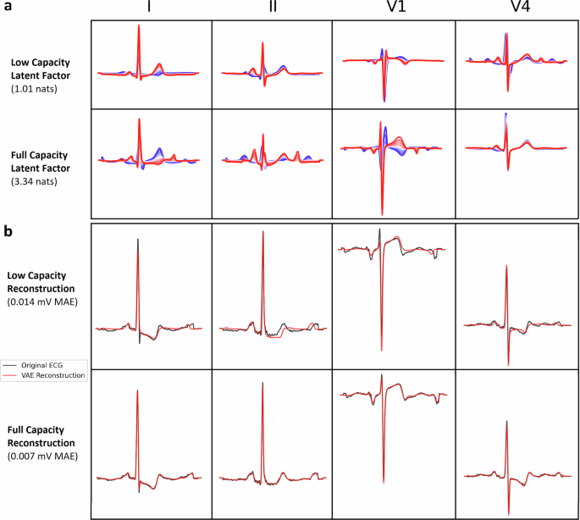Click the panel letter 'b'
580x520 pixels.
[x=7, y=228]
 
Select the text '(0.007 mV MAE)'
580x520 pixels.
[x=44, y=457]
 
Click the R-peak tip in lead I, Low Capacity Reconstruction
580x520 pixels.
[x=137, y=239]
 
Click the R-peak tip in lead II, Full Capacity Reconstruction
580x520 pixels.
[x=262, y=383]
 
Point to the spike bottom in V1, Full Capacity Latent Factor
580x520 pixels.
[x=383, y=214]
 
